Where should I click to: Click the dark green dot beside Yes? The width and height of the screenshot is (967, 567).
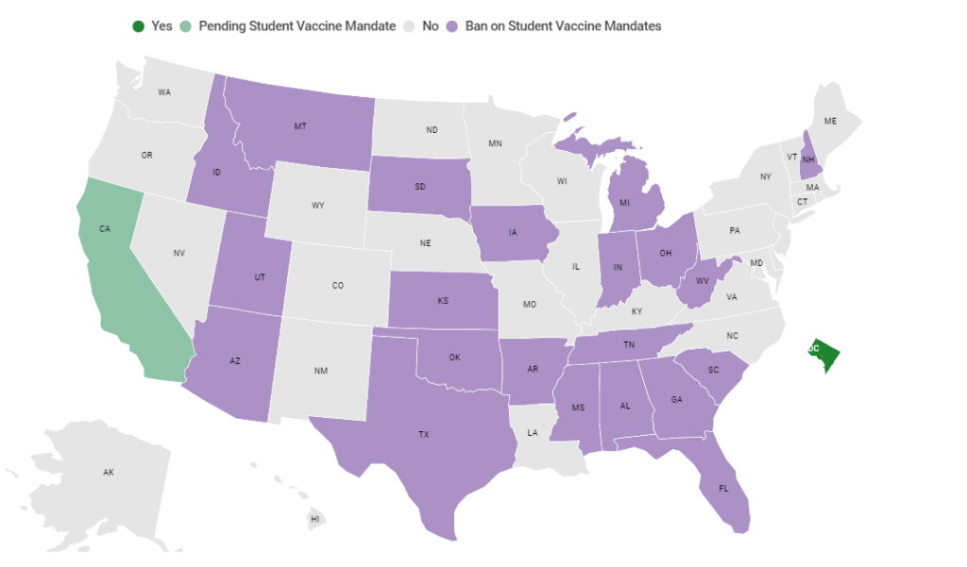pyautogui.click(x=139, y=26)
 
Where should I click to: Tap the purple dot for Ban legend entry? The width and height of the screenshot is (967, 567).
pyautogui.click(x=452, y=26)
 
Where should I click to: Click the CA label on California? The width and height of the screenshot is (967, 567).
pyautogui.click(x=105, y=228)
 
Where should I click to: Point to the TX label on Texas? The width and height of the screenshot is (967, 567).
pyautogui.click(x=424, y=435)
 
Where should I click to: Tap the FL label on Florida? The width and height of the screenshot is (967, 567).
pyautogui.click(x=723, y=489)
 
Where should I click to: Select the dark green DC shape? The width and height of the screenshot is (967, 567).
pyautogui.click(x=823, y=355)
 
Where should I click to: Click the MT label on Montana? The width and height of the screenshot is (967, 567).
pyautogui.click(x=300, y=125)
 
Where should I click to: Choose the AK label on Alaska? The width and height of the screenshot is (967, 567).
pyautogui.click(x=109, y=472)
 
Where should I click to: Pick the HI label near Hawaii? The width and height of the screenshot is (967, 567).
pyautogui.click(x=315, y=519)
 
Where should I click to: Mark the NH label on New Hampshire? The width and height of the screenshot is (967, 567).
pyautogui.click(x=808, y=159)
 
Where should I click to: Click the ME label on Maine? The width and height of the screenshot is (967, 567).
pyautogui.click(x=830, y=121)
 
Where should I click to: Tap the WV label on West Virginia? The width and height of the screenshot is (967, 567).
pyautogui.click(x=702, y=282)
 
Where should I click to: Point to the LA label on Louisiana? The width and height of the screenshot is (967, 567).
pyautogui.click(x=533, y=432)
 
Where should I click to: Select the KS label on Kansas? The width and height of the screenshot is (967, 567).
pyautogui.click(x=443, y=301)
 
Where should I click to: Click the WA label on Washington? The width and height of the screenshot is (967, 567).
pyautogui.click(x=164, y=92)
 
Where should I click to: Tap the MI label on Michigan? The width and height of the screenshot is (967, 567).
pyautogui.click(x=625, y=203)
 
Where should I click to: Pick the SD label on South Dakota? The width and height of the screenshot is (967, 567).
pyautogui.click(x=419, y=186)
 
